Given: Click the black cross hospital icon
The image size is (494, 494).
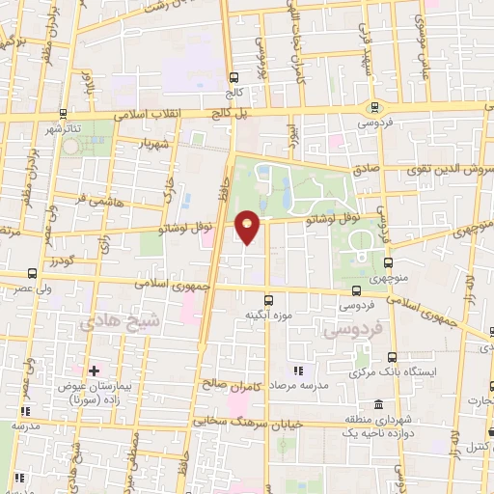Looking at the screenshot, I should point(94,370).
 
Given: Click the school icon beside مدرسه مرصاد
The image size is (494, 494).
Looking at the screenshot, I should point(298,370).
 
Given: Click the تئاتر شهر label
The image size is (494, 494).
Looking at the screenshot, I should point(67,127).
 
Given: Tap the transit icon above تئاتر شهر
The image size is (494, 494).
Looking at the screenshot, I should point(63,112).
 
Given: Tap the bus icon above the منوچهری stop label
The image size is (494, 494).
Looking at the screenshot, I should point(388,261).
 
